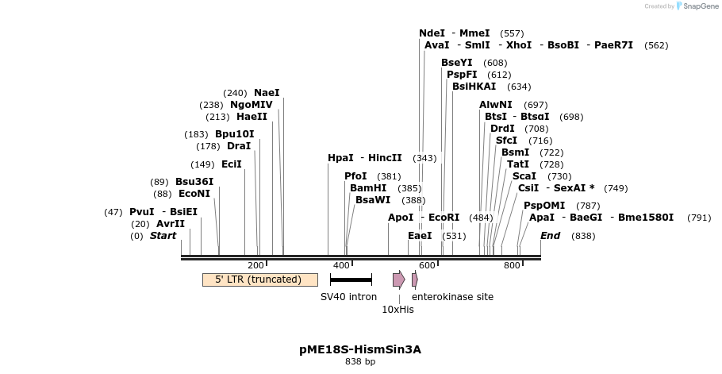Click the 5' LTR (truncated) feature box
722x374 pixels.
(x=259, y=280)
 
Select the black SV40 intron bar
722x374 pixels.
(x=351, y=280)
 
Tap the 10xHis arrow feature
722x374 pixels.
(x=398, y=280)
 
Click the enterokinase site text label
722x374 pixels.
(x=452, y=297)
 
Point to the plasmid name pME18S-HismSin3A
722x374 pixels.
(x=360, y=349)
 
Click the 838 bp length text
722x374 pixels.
(x=360, y=362)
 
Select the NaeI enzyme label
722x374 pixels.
(x=267, y=93)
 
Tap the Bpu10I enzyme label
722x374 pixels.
(x=235, y=134)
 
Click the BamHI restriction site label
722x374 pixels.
(x=368, y=188)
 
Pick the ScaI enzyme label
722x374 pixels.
(x=524, y=176)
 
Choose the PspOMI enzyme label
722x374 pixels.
(x=544, y=206)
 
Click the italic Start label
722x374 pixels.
(x=163, y=236)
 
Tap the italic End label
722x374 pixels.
(x=550, y=236)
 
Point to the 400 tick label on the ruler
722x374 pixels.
(x=341, y=265)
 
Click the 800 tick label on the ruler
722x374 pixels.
(x=512, y=265)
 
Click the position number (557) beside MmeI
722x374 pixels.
(x=512, y=33)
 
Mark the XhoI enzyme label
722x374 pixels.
(x=519, y=45)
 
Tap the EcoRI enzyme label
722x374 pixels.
(x=444, y=218)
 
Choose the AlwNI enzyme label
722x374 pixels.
(x=496, y=105)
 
